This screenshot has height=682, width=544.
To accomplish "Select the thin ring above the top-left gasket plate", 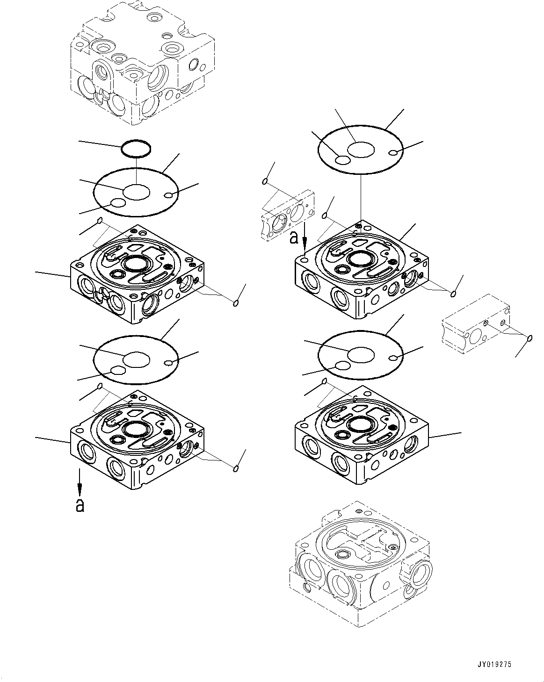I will click(136, 149).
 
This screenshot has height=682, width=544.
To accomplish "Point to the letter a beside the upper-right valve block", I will click(294, 237).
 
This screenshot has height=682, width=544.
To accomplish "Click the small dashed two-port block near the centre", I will click(287, 215).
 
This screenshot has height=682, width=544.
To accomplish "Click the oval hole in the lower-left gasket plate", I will click(117, 371).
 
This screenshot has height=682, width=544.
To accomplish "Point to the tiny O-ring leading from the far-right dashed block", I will click(530, 338).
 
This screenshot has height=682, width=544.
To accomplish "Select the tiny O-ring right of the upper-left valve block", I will click(236, 303).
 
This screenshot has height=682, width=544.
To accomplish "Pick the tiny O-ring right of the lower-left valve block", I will click(236, 468).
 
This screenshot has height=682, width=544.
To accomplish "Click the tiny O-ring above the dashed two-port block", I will click(265, 181).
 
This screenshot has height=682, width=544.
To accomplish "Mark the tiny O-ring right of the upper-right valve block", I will click(453, 294).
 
